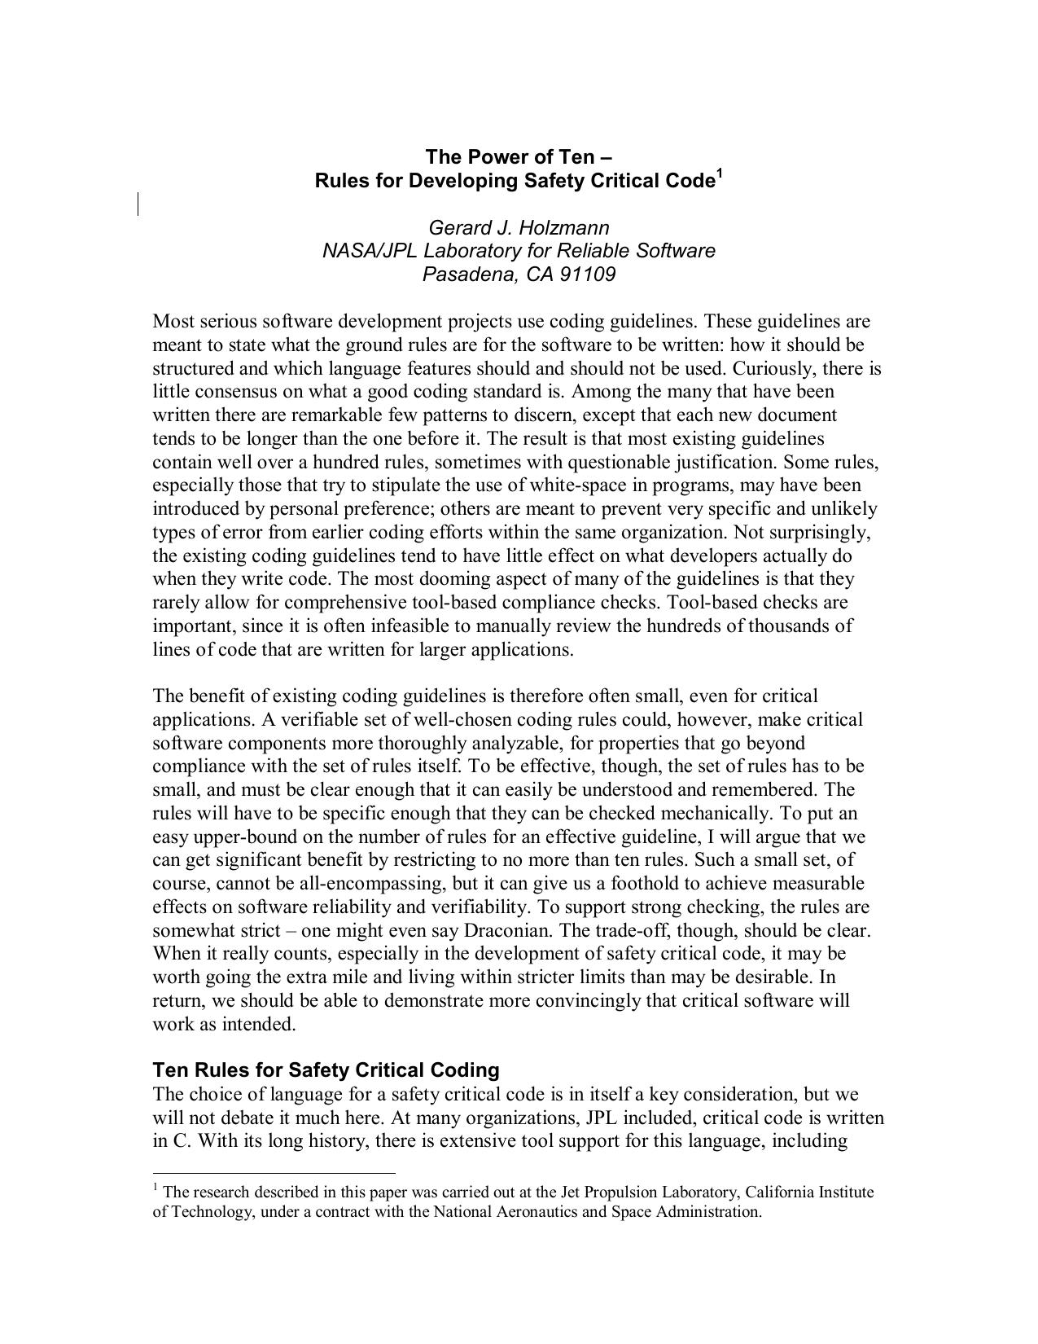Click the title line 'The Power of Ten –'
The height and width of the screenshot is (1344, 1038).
click(x=519, y=156)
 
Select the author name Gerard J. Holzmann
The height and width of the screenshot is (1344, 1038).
click(x=519, y=227)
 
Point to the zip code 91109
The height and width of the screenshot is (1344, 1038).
click(x=587, y=275)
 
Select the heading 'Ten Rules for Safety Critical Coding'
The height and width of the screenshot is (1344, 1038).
click(x=326, y=1069)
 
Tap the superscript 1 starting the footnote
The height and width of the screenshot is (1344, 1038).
click(x=155, y=1188)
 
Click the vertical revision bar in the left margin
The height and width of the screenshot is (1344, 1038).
click(x=138, y=204)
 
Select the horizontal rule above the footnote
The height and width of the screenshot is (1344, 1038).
click(x=274, y=1174)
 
